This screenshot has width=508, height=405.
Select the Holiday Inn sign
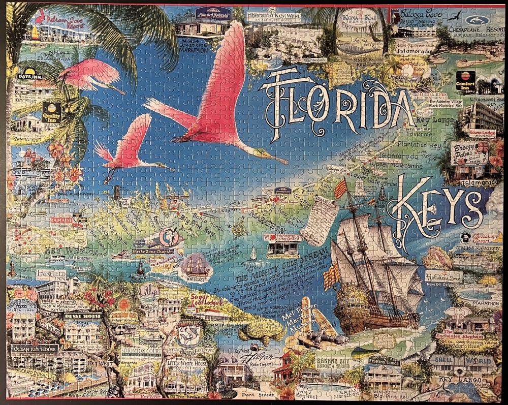pos(444,277)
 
